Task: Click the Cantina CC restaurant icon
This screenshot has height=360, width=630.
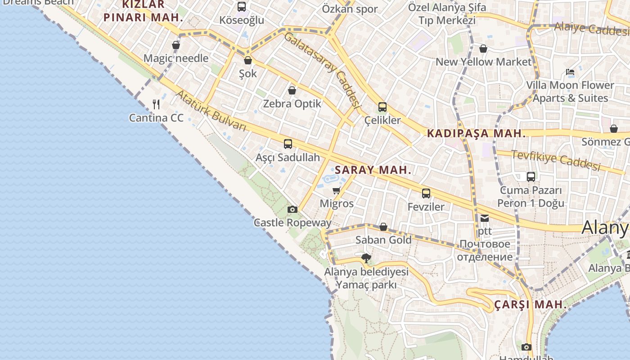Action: (x=156, y=104)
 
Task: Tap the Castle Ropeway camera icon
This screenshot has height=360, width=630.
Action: (x=292, y=209)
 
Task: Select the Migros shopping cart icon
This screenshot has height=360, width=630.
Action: (x=337, y=190)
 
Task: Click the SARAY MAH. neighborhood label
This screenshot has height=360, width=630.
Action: (x=373, y=170)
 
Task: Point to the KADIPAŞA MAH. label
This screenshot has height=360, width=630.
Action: (x=476, y=133)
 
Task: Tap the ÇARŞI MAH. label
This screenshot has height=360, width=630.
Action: (x=530, y=305)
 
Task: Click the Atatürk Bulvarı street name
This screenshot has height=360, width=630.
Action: (x=211, y=111)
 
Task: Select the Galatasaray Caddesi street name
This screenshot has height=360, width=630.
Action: (x=323, y=70)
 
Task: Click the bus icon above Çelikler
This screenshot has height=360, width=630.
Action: (x=382, y=107)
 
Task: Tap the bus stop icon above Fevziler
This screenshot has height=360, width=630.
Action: (x=426, y=193)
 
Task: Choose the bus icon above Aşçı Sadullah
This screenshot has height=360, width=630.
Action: (x=288, y=144)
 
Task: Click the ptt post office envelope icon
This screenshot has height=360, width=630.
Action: (x=484, y=218)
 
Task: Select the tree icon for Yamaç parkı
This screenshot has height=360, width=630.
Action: (x=366, y=258)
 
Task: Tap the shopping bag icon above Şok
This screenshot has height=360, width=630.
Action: (x=247, y=60)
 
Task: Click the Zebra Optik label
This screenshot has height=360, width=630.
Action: (x=292, y=103)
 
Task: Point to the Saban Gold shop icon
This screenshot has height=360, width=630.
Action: (x=383, y=227)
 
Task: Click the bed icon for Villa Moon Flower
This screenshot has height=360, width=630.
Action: (x=570, y=72)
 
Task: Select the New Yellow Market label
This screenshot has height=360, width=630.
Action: (x=483, y=62)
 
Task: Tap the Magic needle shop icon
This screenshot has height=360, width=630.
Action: (x=175, y=45)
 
